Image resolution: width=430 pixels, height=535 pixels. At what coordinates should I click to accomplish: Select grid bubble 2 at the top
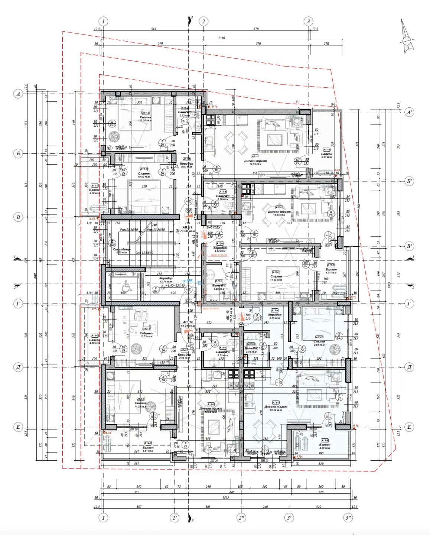(x=203, y=21)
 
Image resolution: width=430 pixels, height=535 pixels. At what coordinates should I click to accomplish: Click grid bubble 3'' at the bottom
(x=348, y=518)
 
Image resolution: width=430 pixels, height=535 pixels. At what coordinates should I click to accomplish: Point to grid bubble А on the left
(x=18, y=94)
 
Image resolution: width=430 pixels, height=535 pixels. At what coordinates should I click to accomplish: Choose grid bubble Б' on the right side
(x=409, y=181)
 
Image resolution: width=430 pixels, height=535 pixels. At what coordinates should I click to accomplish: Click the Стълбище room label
(x=121, y=249)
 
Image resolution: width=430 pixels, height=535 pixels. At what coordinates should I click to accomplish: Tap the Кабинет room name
(x=146, y=333)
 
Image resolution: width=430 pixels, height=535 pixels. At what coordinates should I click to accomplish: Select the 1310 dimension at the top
(x=221, y=38)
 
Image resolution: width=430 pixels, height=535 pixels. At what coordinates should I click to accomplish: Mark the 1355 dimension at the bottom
(x=225, y=497)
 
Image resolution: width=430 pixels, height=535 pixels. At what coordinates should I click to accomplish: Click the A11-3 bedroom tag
(x=145, y=113)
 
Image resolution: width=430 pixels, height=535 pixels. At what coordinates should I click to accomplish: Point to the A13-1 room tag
(x=276, y=402)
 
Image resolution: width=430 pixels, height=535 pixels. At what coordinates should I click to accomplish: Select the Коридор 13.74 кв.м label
(x=166, y=280)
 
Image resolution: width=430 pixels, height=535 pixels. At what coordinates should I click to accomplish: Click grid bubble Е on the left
(x=18, y=427)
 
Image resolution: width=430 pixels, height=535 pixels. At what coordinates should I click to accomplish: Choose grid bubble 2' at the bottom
(x=175, y=518)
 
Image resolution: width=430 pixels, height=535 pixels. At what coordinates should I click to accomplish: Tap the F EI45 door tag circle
(x=156, y=289)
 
